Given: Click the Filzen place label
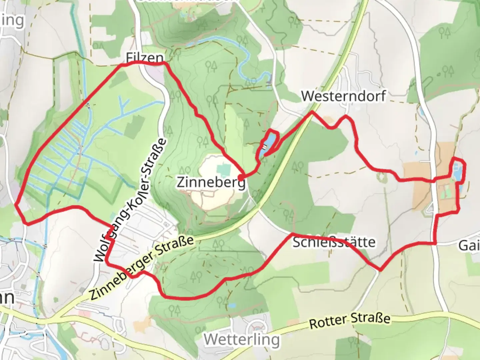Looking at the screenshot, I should pos(145,58).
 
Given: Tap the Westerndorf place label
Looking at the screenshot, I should pos(343,96).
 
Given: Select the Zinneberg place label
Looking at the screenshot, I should pos(211,182).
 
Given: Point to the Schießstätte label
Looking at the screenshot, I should pos(334,242).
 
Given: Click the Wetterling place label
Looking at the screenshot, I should pos(242,340).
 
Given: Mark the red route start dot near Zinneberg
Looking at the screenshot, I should pos(240,177).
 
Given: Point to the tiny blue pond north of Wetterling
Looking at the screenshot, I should pos(232,305).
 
